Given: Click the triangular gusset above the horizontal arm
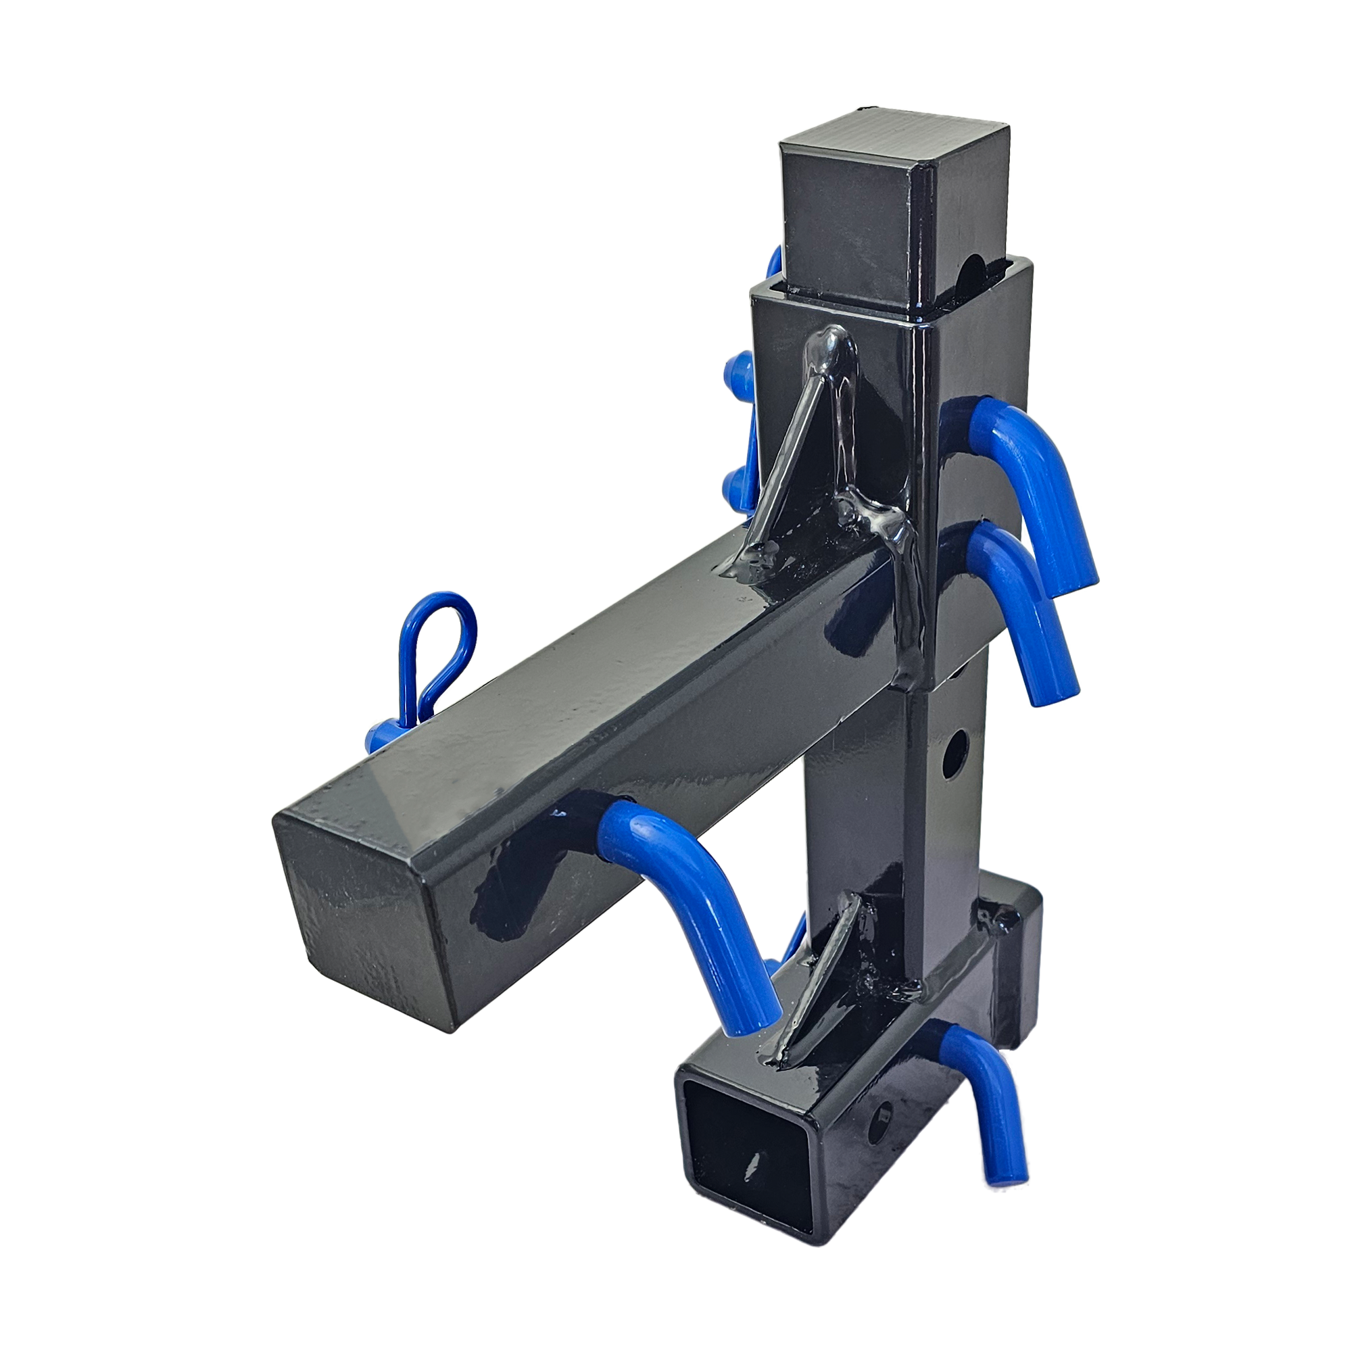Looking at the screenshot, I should click(x=798, y=462).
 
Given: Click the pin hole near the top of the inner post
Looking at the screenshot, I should click(x=973, y=270).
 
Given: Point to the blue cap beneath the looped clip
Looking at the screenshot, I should click(x=381, y=735).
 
